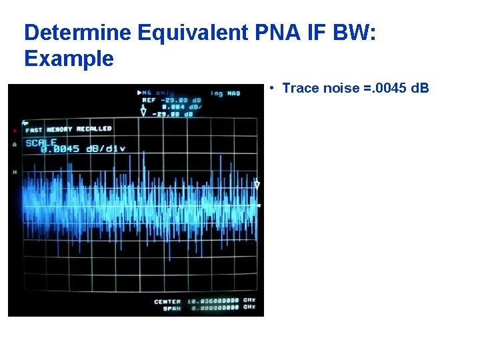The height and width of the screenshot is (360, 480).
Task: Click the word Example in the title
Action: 69,59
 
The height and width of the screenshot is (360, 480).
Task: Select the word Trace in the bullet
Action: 299,88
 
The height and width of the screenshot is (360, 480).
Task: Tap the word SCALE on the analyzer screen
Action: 41,142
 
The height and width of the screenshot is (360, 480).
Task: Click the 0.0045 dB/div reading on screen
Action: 83,149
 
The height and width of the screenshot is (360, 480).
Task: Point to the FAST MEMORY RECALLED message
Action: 69,129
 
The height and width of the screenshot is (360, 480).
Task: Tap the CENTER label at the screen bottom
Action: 167,301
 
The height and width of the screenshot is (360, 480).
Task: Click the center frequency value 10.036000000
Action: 213,301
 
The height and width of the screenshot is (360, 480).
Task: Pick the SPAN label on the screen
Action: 172,307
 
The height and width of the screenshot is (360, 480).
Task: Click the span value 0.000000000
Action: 213,307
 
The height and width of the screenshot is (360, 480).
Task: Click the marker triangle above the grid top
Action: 143,113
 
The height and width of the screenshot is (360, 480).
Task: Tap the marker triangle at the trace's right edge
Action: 257,184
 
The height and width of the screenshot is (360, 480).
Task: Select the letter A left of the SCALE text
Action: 15,144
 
